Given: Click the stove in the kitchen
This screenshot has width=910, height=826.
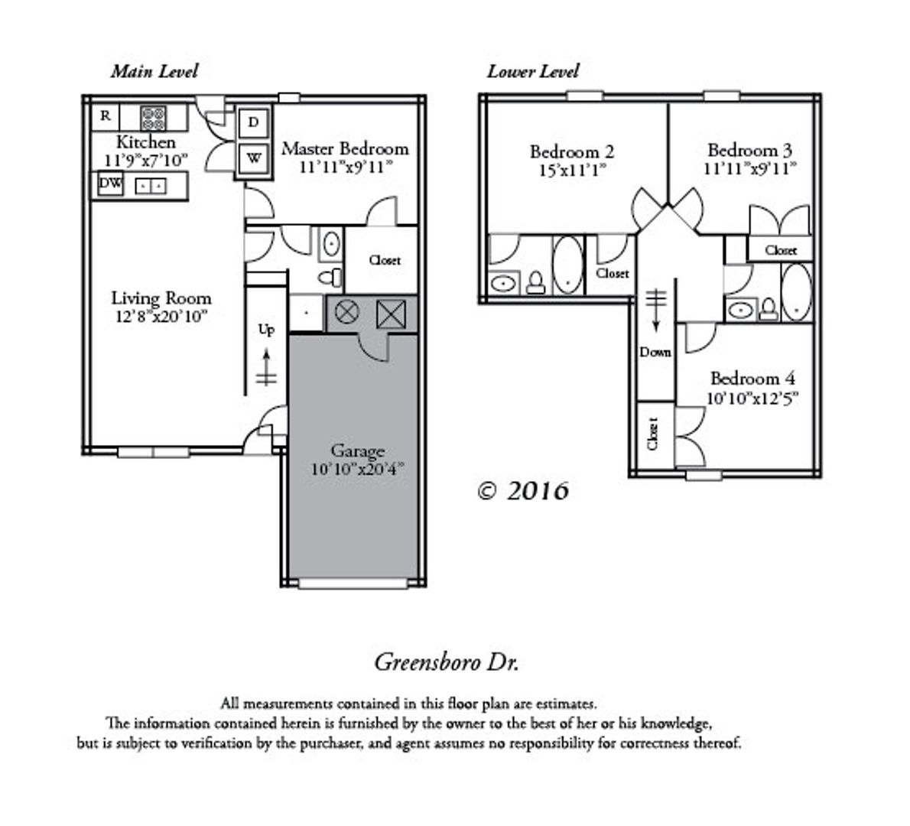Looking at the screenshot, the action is [153, 118].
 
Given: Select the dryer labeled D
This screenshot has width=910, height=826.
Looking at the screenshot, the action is [253, 122].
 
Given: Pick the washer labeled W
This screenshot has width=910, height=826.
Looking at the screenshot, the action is [254, 158].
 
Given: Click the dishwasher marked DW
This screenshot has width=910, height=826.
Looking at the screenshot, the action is [110, 184].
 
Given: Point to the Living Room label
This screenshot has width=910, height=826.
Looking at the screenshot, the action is [161, 298].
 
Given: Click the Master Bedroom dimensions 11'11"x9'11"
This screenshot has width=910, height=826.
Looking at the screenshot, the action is [346, 167].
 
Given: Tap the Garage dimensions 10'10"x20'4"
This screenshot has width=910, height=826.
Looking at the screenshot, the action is [357, 469].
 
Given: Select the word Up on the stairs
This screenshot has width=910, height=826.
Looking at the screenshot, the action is [266, 330].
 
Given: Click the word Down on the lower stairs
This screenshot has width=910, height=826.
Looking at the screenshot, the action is [655, 352].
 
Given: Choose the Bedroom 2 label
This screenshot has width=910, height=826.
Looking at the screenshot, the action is [572, 151].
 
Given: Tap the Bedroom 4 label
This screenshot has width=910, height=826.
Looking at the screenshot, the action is [752, 379].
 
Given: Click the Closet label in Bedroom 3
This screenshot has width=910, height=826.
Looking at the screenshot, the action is [781, 250].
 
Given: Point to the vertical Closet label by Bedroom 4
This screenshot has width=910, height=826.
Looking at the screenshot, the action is [652, 434].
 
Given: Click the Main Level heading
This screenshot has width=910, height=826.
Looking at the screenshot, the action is [154, 71].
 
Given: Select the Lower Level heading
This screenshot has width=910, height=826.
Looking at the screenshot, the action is [533, 71].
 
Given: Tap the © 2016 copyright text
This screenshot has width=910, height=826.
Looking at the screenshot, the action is [523, 491].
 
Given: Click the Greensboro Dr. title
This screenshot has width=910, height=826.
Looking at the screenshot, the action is [447, 662].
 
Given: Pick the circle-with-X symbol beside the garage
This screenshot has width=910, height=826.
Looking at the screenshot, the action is [347, 312].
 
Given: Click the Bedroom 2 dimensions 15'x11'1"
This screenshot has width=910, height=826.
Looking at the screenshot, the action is [572, 171].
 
